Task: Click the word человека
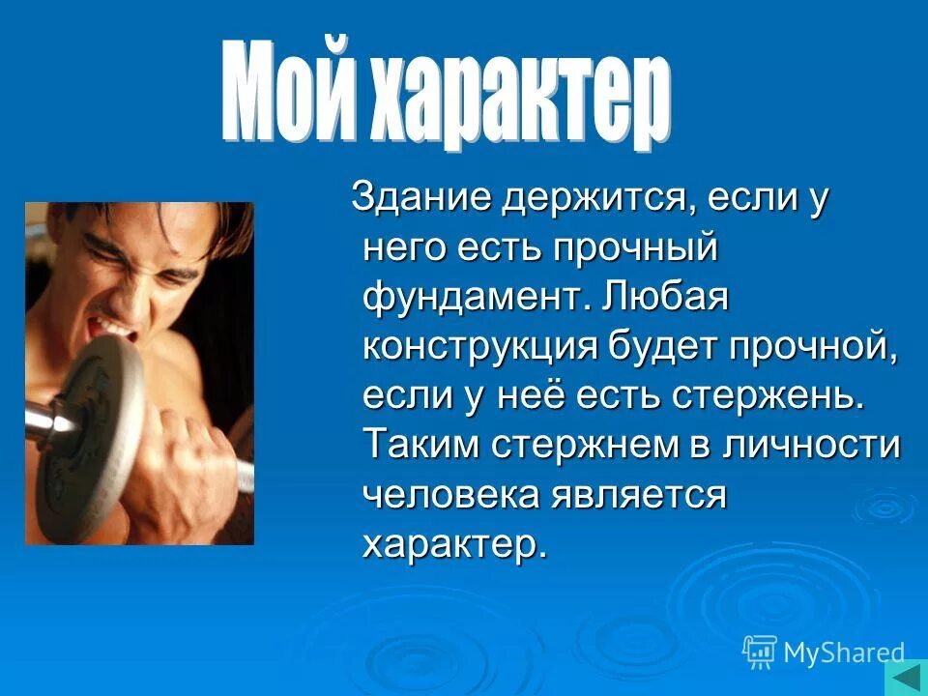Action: (450, 494)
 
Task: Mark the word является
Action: (639, 494)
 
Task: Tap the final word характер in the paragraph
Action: (454, 543)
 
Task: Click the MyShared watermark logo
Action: (824, 652)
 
